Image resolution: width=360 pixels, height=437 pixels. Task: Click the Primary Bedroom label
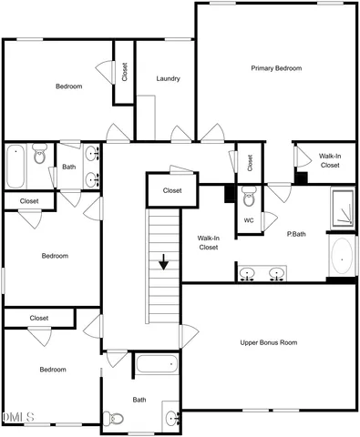(x=276, y=68)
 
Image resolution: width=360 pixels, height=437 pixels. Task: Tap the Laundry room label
(x=168, y=78)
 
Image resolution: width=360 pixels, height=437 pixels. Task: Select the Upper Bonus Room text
(x=269, y=342)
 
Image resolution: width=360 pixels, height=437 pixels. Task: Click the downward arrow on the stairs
(x=164, y=262)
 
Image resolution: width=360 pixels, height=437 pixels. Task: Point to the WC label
(x=249, y=220)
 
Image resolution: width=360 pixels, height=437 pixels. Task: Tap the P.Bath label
(x=295, y=233)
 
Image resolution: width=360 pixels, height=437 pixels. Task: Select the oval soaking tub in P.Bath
(x=341, y=257)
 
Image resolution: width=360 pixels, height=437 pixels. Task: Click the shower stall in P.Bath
(x=341, y=209)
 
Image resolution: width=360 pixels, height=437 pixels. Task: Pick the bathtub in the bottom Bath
(x=156, y=367)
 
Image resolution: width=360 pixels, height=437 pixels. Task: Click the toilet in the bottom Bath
(x=110, y=419)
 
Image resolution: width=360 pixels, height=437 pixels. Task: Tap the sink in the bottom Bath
(x=171, y=420)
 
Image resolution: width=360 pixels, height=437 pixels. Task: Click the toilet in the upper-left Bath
(x=39, y=157)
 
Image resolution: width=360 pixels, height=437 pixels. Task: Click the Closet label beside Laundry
(x=124, y=71)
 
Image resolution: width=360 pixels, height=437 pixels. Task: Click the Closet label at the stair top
(x=172, y=190)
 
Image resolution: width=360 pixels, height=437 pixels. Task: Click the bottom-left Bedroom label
(x=52, y=370)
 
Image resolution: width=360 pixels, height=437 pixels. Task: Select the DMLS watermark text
(x=17, y=417)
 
